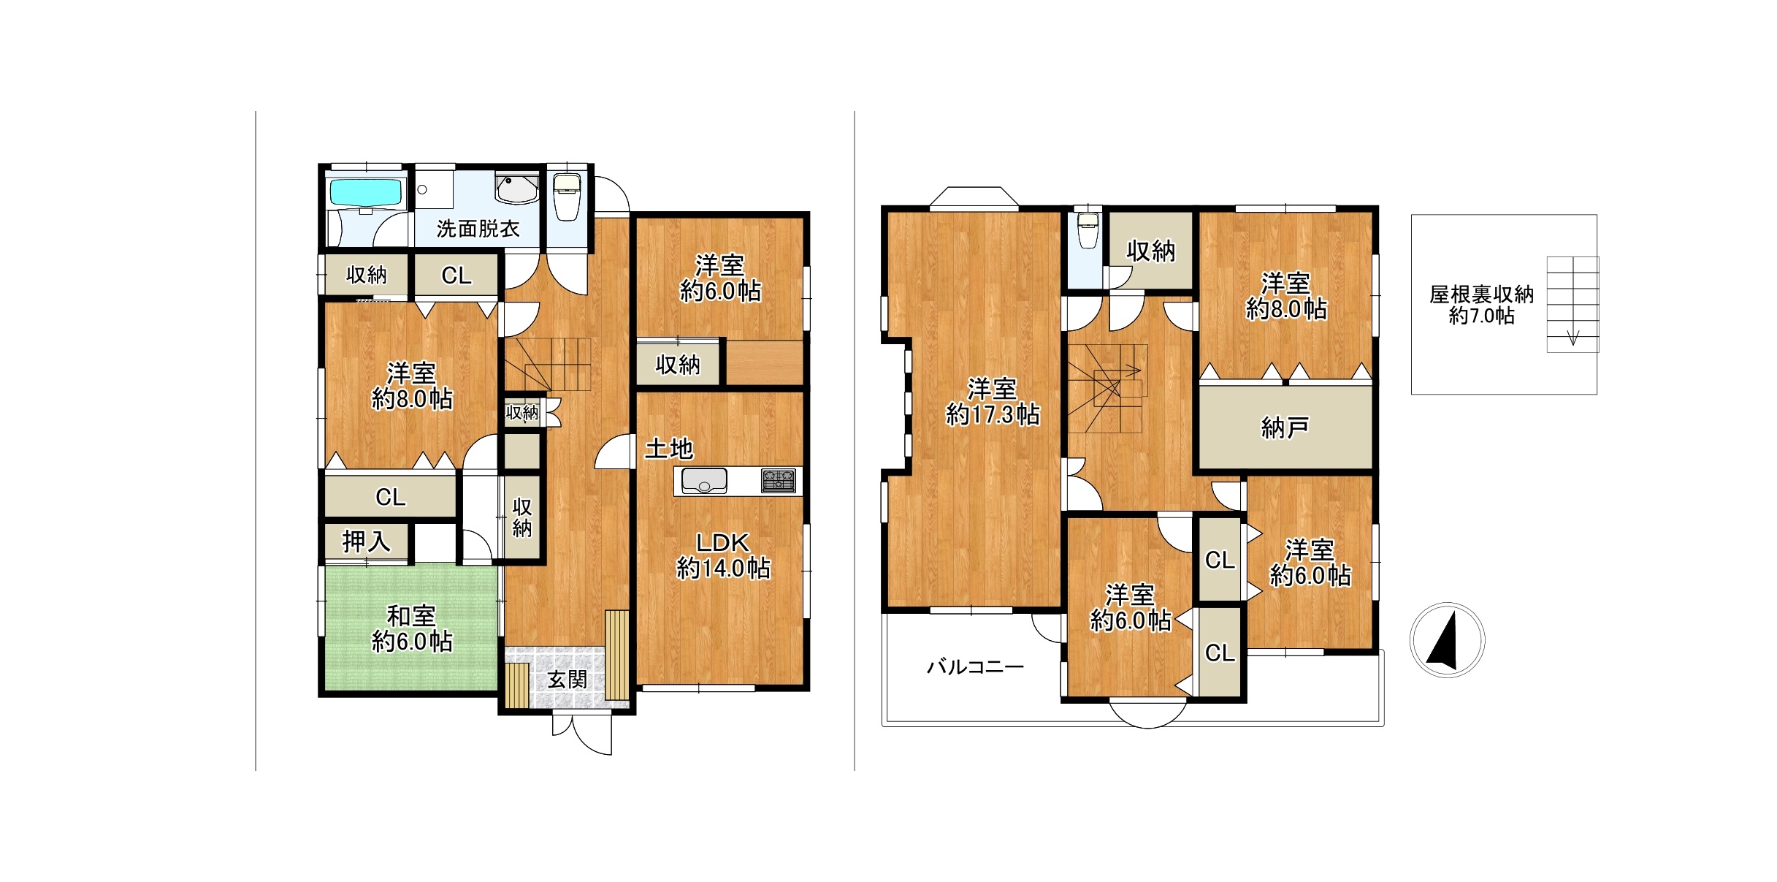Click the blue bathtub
click(367, 193)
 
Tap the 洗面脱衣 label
click(478, 229)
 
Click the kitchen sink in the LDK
click(704, 481)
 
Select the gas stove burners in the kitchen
click(779, 480)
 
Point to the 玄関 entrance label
click(567, 680)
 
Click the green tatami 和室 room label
click(412, 628)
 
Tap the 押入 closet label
click(366, 541)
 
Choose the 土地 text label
click(668, 448)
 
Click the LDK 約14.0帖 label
click(723, 555)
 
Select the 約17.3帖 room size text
click(993, 415)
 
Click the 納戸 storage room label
click(1285, 427)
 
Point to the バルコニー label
click(975, 666)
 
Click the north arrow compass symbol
click(1447, 640)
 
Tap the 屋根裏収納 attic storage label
click(1481, 294)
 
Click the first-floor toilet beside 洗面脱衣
click(566, 196)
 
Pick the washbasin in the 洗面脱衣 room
click(517, 189)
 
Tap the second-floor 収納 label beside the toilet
click(1150, 251)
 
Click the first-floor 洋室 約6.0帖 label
click(721, 278)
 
